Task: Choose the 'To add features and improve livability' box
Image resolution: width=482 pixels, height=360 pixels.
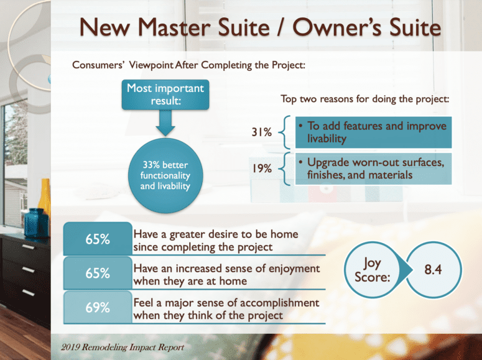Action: [x=371, y=132]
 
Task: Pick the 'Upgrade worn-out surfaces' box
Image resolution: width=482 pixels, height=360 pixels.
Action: [x=371, y=168]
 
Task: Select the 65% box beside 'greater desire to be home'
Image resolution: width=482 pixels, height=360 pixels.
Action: [x=98, y=240]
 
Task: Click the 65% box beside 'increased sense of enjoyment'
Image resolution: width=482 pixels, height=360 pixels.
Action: [x=98, y=273]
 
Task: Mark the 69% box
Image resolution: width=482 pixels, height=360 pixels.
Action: [x=98, y=307]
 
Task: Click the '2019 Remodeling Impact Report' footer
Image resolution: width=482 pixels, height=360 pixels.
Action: [x=114, y=347]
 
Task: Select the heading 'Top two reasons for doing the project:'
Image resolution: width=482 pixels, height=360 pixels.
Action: [x=365, y=99]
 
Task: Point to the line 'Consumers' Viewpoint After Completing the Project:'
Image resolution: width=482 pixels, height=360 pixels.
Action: [x=188, y=64]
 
